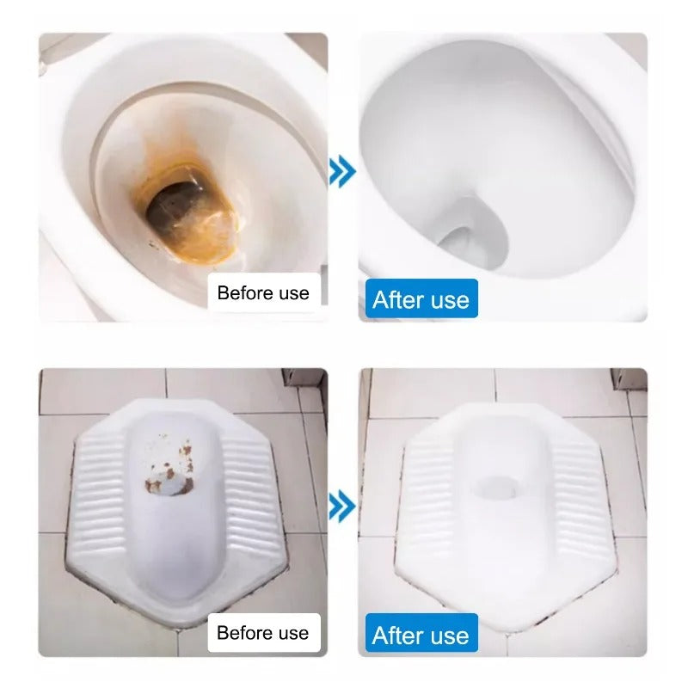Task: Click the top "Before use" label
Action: click(x=263, y=293)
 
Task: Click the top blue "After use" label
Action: click(x=421, y=300)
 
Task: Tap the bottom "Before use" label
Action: click(x=263, y=633)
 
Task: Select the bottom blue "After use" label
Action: click(x=421, y=636)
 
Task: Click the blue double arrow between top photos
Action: click(x=342, y=172)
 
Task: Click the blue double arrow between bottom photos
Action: click(x=342, y=506)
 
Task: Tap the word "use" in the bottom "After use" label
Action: click(x=450, y=636)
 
